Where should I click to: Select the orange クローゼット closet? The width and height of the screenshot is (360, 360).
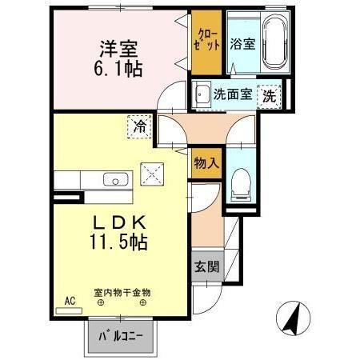click(206, 38)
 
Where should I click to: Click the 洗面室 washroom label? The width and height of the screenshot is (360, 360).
click(232, 94)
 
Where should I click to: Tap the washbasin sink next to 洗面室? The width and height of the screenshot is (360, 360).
click(202, 93)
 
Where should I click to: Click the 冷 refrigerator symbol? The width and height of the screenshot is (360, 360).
click(139, 126)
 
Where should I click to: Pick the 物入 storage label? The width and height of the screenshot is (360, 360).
click(206, 163)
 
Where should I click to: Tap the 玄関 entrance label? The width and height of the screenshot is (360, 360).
click(206, 266)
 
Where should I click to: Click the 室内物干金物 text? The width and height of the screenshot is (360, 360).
click(122, 293)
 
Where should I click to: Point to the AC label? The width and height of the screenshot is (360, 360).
click(70, 301)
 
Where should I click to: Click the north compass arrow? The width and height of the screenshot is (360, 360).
click(294, 319)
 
